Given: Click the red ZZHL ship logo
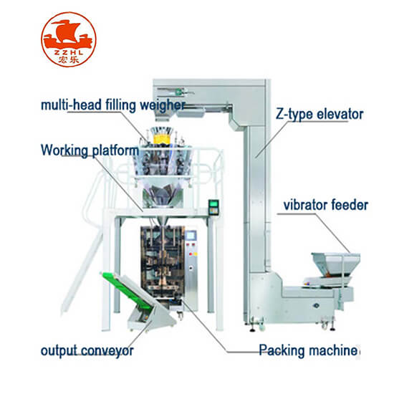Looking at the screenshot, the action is [69, 39].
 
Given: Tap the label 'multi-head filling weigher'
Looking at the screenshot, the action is [113, 105].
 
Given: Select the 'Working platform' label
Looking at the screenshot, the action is [90, 150].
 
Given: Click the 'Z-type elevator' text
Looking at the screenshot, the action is [319, 115].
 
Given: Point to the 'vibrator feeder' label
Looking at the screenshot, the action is [326, 205].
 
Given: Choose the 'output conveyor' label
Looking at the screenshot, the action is [87, 350].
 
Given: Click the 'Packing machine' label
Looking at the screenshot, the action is [308, 350].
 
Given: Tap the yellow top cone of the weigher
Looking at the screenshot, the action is [160, 138].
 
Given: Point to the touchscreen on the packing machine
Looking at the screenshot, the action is [191, 236].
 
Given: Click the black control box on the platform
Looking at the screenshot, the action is [213, 207].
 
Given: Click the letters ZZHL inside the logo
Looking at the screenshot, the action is [69, 53].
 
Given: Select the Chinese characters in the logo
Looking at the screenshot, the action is [69, 59].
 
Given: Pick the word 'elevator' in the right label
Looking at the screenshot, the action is [340, 115].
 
